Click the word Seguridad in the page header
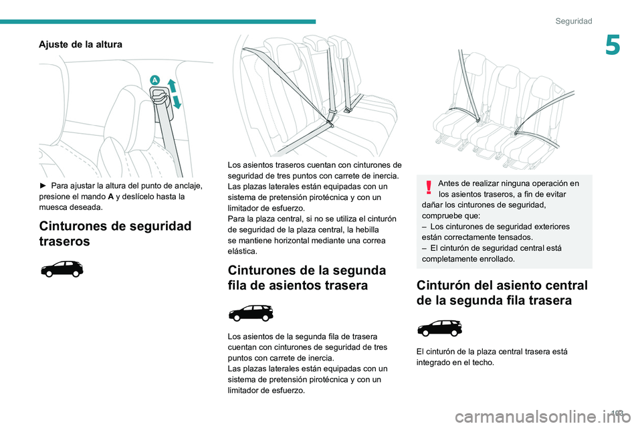pyautogui.click(x=573, y=21)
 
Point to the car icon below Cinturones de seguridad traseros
pyautogui.click(x=62, y=270)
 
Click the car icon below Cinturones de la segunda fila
pyautogui.click(x=251, y=312)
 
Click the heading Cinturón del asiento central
pyautogui.click(x=502, y=293)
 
